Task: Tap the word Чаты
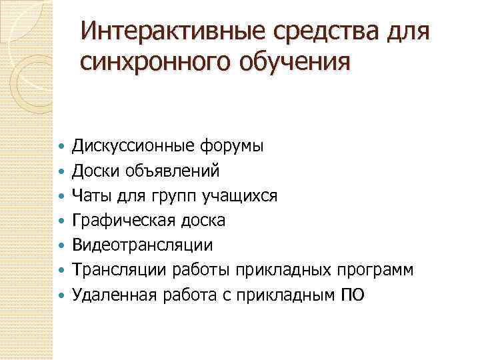point(92,195)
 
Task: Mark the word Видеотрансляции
point(143,245)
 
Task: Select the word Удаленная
point(114,295)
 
